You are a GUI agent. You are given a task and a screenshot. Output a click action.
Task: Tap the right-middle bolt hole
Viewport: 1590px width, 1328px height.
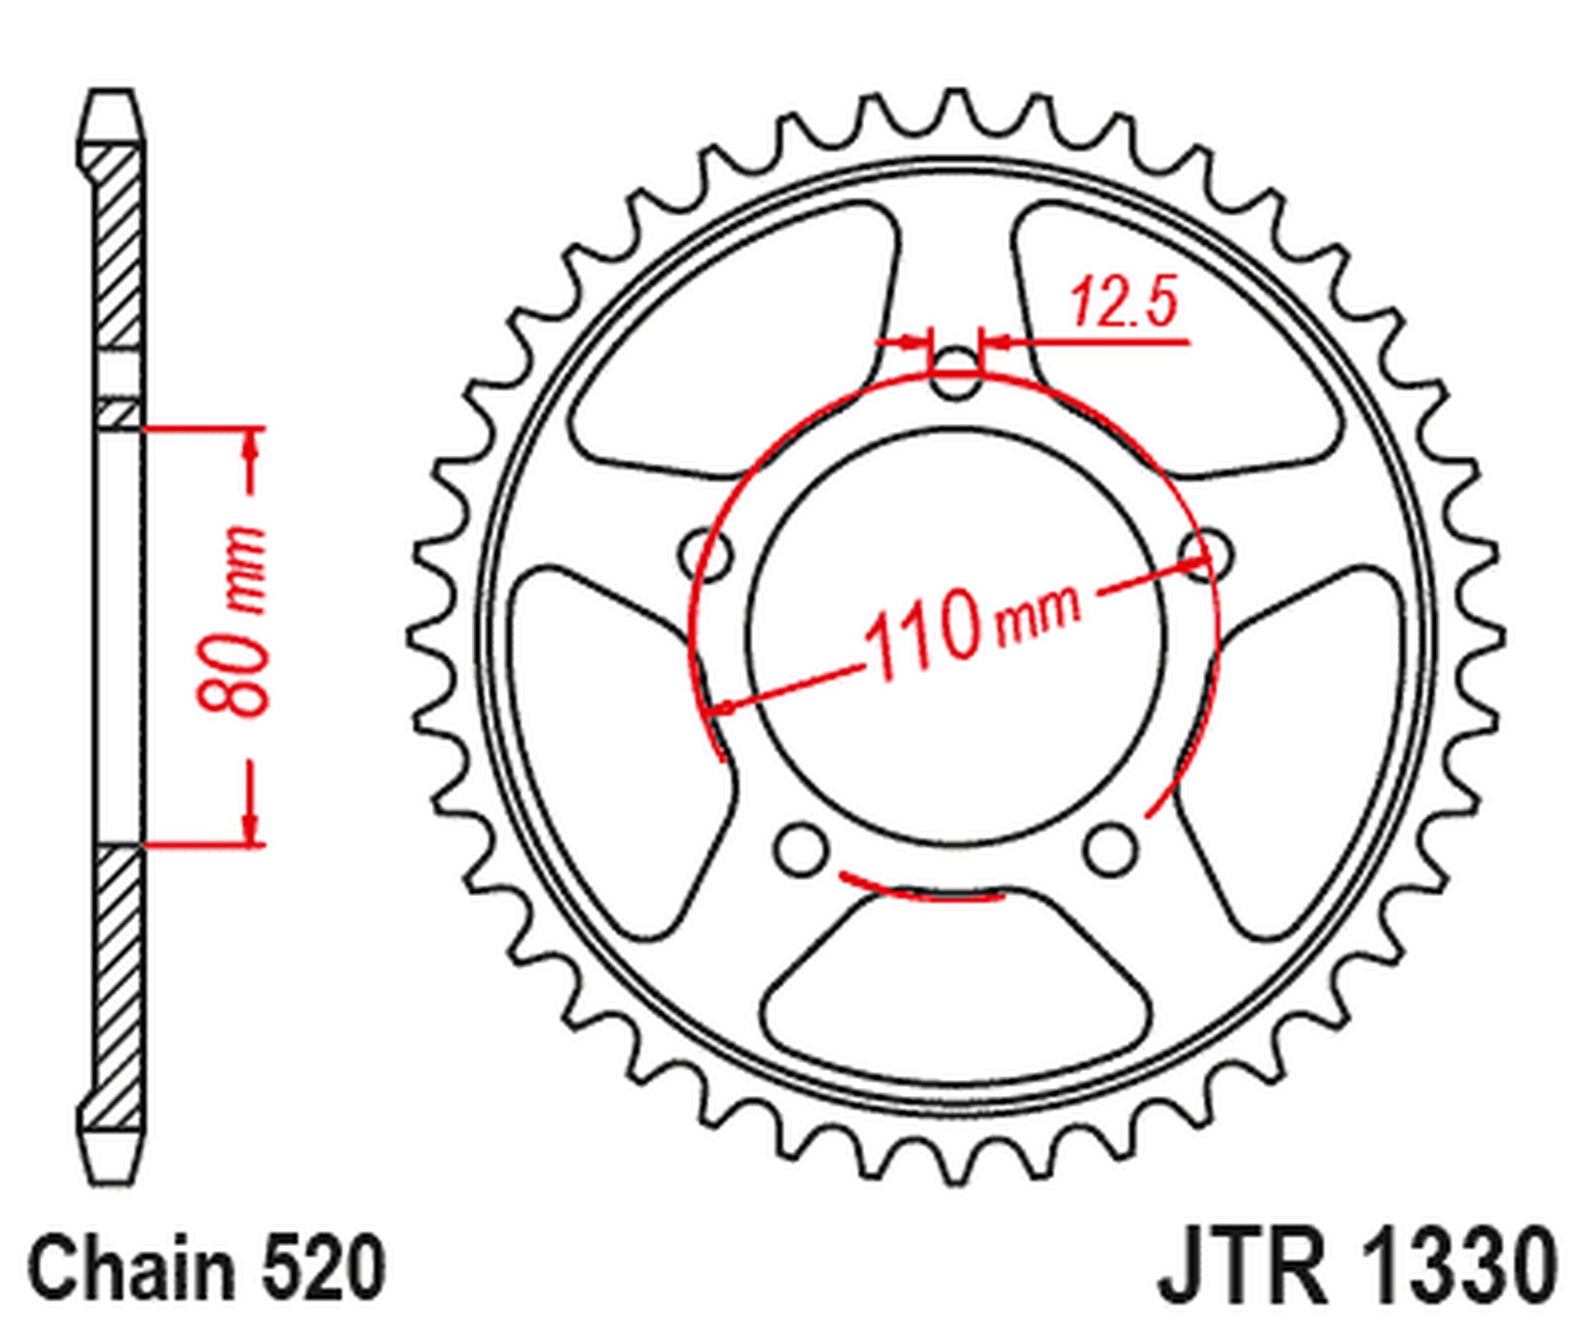click(x=1205, y=552)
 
